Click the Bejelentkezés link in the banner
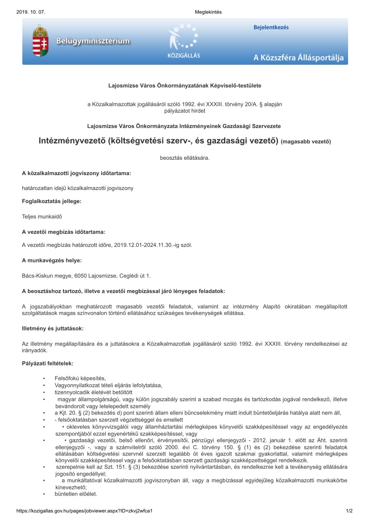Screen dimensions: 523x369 click(271, 27)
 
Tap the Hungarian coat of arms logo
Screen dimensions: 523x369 click(40, 41)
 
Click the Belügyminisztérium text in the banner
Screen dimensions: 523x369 click(93, 41)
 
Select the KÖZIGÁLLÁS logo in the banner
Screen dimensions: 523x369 click(183, 42)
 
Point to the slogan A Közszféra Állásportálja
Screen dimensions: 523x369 click(298, 58)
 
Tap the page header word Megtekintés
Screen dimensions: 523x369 click(208, 12)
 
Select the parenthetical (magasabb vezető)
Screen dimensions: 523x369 click(306, 141)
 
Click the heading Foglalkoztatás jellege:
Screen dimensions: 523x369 click(52, 201)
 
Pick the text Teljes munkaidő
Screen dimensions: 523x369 click(42, 217)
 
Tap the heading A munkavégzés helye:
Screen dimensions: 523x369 click(52, 260)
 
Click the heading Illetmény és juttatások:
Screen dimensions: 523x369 click(53, 328)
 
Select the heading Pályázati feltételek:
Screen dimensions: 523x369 click(47, 362)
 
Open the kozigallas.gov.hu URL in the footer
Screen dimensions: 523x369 click(84, 511)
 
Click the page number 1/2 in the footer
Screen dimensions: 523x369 click(349, 511)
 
